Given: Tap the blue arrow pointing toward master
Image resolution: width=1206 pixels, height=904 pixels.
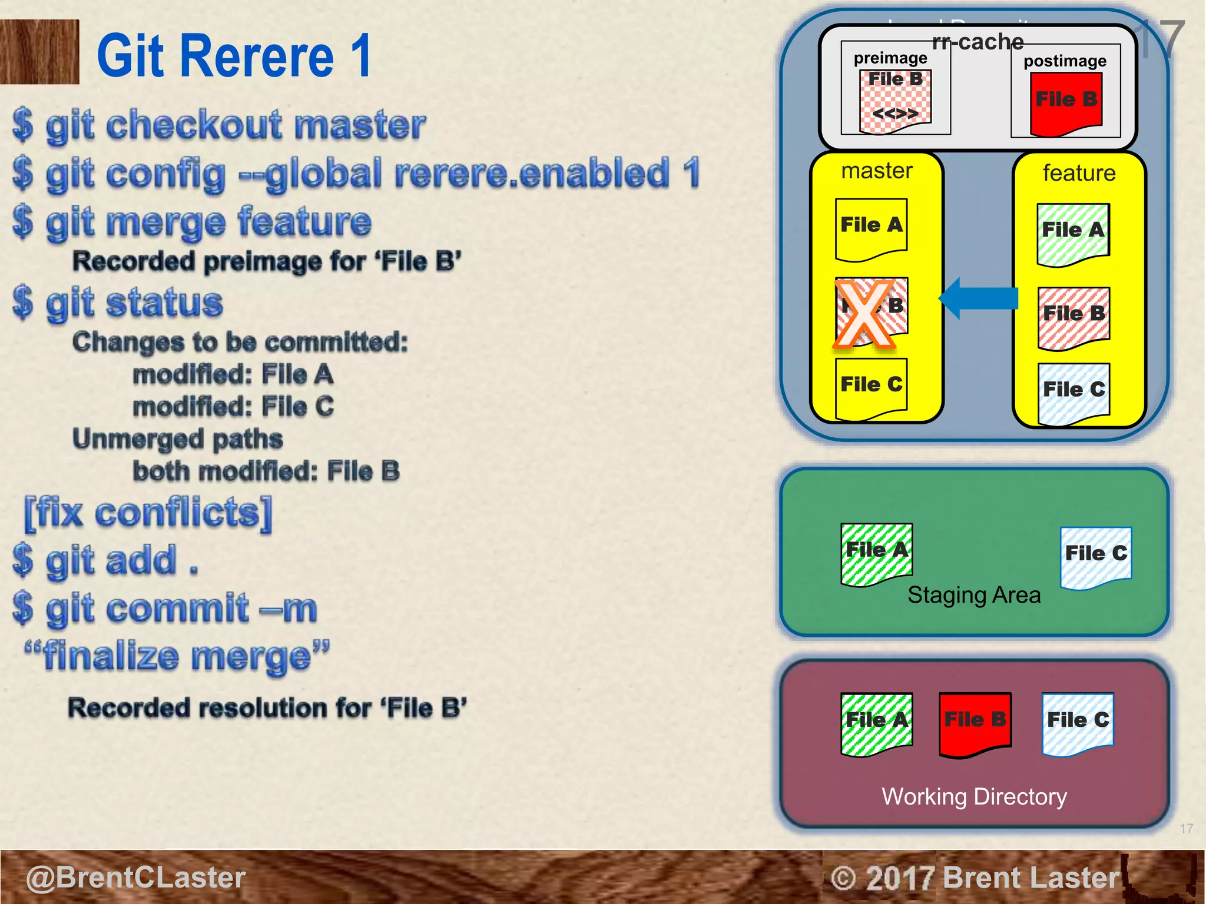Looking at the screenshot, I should coord(979,298).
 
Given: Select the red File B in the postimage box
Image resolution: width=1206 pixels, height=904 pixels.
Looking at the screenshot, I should coord(1066,103).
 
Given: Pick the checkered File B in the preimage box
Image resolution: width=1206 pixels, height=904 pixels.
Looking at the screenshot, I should coord(895,100).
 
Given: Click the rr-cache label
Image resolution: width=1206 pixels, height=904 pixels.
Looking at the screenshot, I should coord(978,42).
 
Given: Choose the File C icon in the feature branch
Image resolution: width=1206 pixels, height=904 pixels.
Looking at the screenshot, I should coord(1074,393).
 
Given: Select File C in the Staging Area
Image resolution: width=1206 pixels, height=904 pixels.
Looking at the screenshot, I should coord(1096,557).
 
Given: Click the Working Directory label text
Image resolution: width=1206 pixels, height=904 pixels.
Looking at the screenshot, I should coord(974,796).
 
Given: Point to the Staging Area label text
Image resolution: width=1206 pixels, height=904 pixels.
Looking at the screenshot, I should coord(974,594).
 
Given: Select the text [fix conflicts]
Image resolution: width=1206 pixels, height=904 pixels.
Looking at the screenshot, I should coord(148,513).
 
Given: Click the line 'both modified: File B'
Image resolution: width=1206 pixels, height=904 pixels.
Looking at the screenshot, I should coord(266,471).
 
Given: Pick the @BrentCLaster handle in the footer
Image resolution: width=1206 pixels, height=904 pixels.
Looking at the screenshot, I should coord(135,877).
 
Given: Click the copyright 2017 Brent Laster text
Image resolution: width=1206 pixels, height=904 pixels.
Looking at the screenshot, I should coord(975,878).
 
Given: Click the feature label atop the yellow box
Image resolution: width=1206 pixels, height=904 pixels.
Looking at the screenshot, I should coord(1079,173).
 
